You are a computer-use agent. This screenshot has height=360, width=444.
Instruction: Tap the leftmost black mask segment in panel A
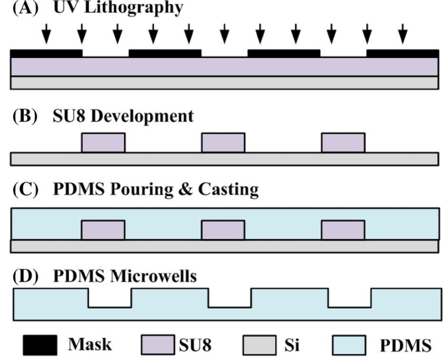(x=46, y=53)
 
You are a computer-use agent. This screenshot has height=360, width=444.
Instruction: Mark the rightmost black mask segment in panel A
(x=402, y=53)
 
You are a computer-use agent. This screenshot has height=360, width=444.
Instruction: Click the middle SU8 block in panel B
(x=223, y=143)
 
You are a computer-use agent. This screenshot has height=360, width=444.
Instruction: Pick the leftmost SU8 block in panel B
(x=103, y=143)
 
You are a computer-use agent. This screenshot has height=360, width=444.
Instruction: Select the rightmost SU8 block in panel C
(x=343, y=230)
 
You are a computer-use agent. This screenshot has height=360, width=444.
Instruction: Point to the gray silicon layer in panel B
(x=224, y=159)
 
